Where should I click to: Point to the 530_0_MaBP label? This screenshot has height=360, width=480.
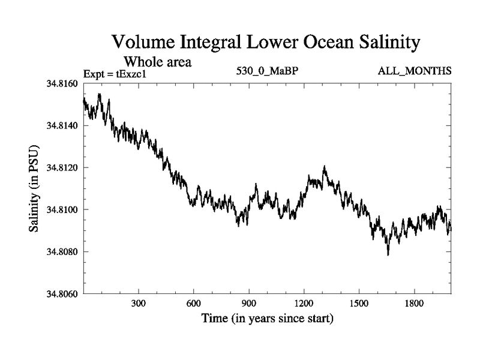268,71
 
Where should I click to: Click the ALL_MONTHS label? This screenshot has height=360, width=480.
414,71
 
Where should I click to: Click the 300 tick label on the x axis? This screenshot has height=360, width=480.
139,304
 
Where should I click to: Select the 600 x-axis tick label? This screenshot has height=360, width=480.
194,304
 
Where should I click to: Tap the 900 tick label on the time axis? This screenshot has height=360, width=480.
248,304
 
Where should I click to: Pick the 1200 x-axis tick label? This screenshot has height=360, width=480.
304,304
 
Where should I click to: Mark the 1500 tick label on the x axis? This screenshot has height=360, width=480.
358,304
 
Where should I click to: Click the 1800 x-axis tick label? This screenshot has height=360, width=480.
413,304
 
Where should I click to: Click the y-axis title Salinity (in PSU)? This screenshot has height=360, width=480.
34,188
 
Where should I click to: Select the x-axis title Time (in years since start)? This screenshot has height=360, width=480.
266,318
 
